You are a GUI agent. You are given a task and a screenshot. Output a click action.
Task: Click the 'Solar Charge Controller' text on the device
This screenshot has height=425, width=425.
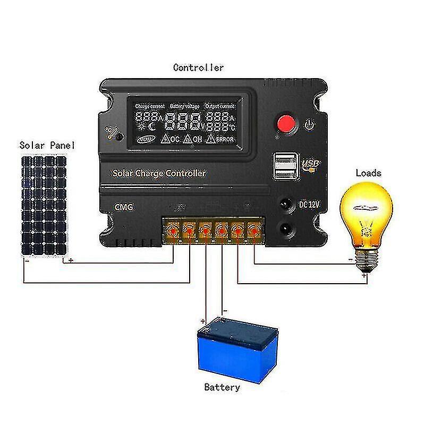pyautogui.click(x=159, y=173)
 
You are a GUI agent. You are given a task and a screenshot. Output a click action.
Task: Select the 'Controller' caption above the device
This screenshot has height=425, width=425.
pyautogui.click(x=199, y=67)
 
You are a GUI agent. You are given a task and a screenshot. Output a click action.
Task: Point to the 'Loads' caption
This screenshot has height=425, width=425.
pyautogui.click(x=368, y=173)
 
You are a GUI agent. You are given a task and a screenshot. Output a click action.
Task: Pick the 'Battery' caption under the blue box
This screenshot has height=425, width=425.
pyautogui.click(x=222, y=387)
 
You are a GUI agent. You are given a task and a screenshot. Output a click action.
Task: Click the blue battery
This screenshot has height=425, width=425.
pyautogui.click(x=237, y=347)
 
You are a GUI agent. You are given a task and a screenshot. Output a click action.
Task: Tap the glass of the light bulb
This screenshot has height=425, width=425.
pyautogui.click(x=367, y=212)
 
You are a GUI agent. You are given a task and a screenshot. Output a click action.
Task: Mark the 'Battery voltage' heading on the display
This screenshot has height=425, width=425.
pyautogui.click(x=183, y=106)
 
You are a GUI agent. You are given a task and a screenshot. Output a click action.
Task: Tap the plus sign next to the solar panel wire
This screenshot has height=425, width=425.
pyautogui.click(x=71, y=261)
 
